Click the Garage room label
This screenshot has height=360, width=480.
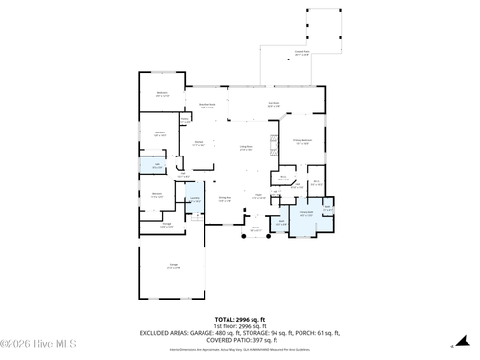click(x=174, y=266)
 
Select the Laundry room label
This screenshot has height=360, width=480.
click(x=194, y=199)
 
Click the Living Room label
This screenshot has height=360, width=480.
click(x=247, y=148)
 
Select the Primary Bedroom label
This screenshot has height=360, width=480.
click(x=302, y=142)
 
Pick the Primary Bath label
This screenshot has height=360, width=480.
click(x=306, y=214)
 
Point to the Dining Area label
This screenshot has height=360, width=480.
click(x=227, y=199)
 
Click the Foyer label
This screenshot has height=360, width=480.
click(x=258, y=199)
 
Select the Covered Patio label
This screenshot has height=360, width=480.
click(x=301, y=55)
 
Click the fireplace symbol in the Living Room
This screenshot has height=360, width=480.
click(x=273, y=146)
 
